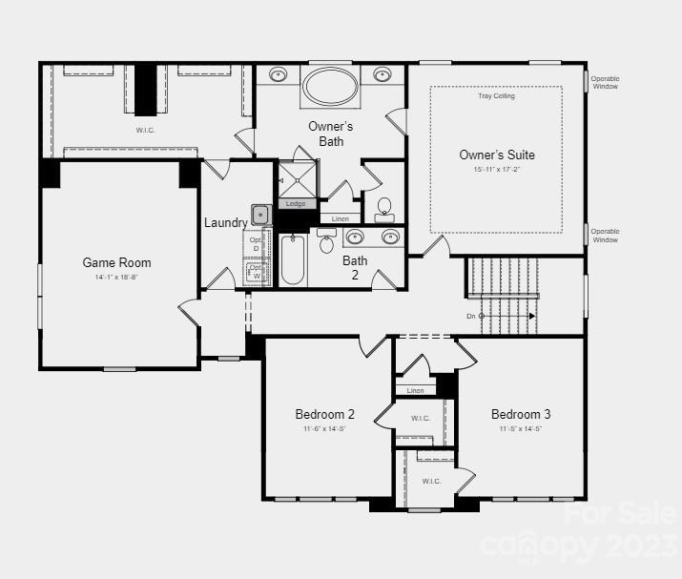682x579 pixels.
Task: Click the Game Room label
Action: tap(116, 262)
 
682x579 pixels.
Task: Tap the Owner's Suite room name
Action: tap(497, 155)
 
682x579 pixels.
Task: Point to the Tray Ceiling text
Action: tap(496, 96)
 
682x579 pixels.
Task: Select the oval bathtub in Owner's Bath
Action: tap(331, 87)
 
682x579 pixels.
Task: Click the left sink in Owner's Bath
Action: tap(279, 74)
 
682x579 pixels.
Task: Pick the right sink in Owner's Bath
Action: tap(382, 74)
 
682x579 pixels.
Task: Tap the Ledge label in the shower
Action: tap(296, 203)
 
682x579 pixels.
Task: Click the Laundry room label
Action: tap(226, 222)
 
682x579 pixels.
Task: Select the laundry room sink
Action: tap(260, 215)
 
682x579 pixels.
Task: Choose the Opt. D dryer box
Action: tap(256, 244)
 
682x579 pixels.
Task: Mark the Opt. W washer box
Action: tap(256, 273)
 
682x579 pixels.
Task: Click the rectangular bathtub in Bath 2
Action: tap(292, 259)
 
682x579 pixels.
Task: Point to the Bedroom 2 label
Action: tap(325, 414)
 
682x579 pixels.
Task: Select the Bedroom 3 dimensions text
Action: tap(521, 429)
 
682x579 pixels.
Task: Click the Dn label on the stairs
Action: tap(470, 316)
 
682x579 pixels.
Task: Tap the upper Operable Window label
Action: tap(604, 82)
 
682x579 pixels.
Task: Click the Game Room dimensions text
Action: tap(116, 278)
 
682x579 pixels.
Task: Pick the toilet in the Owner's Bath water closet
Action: tap(384, 208)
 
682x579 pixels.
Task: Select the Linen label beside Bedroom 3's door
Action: tap(415, 390)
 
